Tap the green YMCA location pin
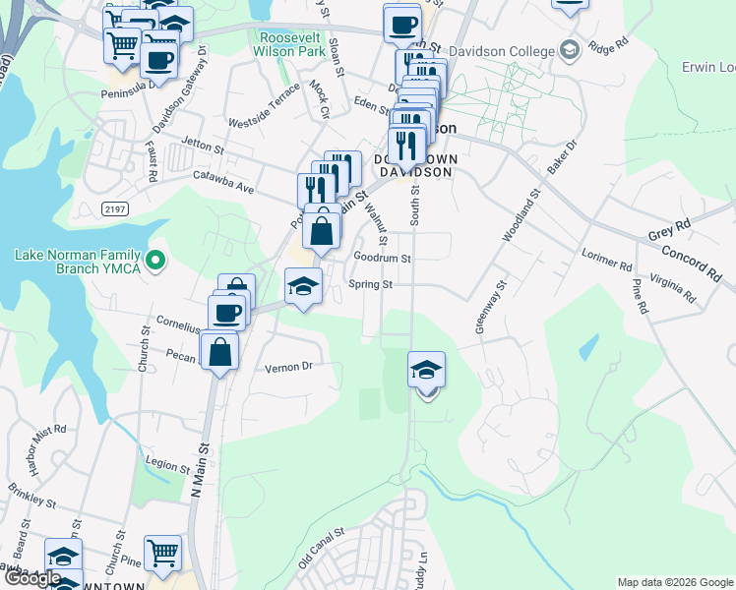tap(155, 262)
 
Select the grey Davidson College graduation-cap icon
tap(569, 49)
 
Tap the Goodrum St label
tap(382, 258)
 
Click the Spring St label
tap(371, 285)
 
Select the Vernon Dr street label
tap(288, 367)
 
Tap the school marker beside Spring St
tap(303, 286)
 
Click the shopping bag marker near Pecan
tap(218, 351)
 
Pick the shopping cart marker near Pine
tap(162, 553)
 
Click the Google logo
tap(31, 578)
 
